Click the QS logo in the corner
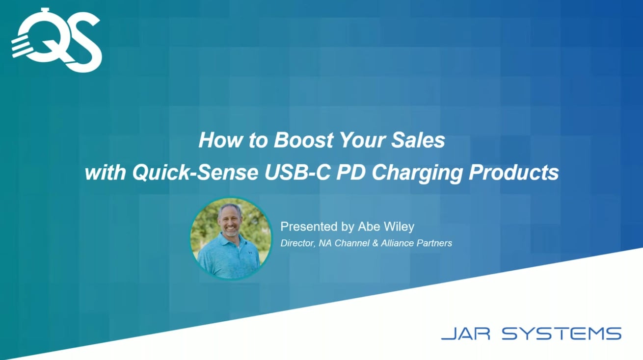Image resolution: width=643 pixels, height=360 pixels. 56,40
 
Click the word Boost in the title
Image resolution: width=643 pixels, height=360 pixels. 303,140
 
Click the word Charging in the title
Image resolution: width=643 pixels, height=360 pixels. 417,173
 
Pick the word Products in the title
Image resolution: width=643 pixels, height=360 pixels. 514,173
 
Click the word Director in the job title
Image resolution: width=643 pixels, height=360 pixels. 298,243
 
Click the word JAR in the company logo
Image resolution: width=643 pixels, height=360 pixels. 466,334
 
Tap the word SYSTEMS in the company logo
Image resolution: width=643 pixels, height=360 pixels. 562,334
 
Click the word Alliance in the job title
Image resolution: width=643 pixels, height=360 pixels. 397,243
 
